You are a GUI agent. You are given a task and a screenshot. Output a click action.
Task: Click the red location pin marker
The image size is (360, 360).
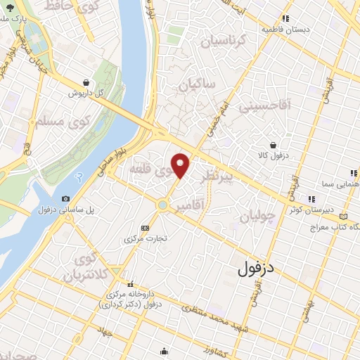pyautogui.click(x=181, y=165)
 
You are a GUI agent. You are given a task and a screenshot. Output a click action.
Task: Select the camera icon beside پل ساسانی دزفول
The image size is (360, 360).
pyautogui.click(x=65, y=199)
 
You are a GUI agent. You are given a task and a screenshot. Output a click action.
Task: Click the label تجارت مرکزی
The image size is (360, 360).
pyautogui.click(x=146, y=238)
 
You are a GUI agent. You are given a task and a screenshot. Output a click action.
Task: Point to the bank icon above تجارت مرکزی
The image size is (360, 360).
pyautogui.click(x=146, y=228)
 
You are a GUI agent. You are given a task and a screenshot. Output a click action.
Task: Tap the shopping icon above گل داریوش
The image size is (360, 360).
pyautogui.click(x=86, y=82)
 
